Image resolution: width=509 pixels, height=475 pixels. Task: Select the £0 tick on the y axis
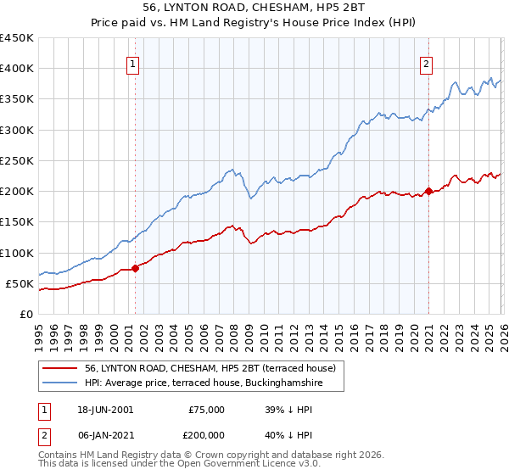26,314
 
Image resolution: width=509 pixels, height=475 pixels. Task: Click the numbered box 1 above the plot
134,63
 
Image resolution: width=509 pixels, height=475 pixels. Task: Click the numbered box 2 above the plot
426,63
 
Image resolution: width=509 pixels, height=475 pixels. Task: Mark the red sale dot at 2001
135,268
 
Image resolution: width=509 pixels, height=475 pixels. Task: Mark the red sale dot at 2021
428,191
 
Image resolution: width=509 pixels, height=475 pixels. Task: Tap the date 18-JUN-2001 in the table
105,409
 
